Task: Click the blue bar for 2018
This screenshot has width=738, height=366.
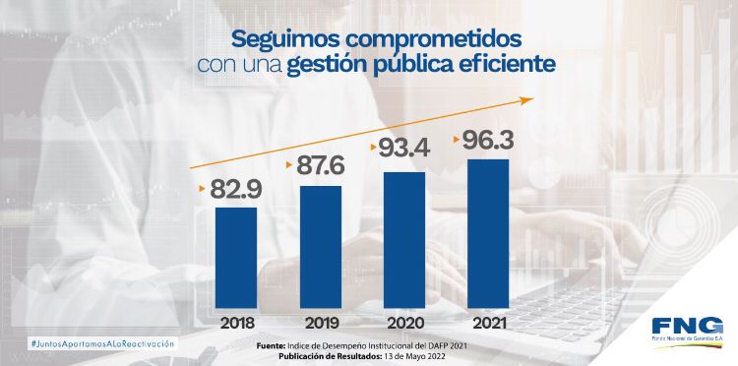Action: point(236,259)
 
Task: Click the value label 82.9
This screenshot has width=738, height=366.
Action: point(236,189)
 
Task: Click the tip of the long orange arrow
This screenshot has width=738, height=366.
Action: point(530,98)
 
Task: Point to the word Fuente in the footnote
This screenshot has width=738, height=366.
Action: point(271,346)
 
